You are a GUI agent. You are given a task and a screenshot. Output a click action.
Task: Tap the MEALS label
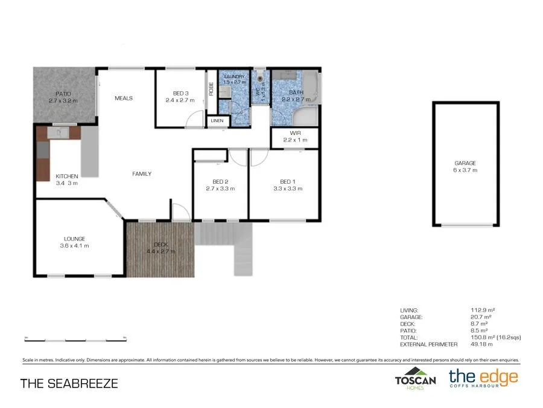click(123, 98)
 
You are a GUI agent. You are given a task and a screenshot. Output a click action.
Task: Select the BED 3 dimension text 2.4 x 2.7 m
click(180, 100)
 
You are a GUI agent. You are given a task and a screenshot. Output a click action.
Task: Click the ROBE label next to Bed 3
click(211, 89)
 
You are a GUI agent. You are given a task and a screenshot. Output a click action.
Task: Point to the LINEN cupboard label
click(217, 121)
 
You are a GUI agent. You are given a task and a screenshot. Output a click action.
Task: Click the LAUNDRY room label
click(233, 77)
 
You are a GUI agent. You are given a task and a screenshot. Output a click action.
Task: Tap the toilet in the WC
click(260, 77)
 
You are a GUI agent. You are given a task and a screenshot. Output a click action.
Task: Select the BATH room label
click(296, 92)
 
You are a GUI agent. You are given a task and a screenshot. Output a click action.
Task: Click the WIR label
click(295, 133)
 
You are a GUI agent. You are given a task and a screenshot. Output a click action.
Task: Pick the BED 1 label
click(287, 181)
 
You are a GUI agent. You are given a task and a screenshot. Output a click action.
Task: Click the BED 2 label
click(220, 181)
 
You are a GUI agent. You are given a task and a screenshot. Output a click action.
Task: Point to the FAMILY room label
click(142, 174)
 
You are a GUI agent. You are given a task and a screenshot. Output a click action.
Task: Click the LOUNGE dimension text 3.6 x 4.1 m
click(74, 245)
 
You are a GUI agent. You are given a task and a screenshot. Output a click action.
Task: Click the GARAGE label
click(465, 163)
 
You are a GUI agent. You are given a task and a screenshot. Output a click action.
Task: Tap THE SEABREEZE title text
click(69, 383)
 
